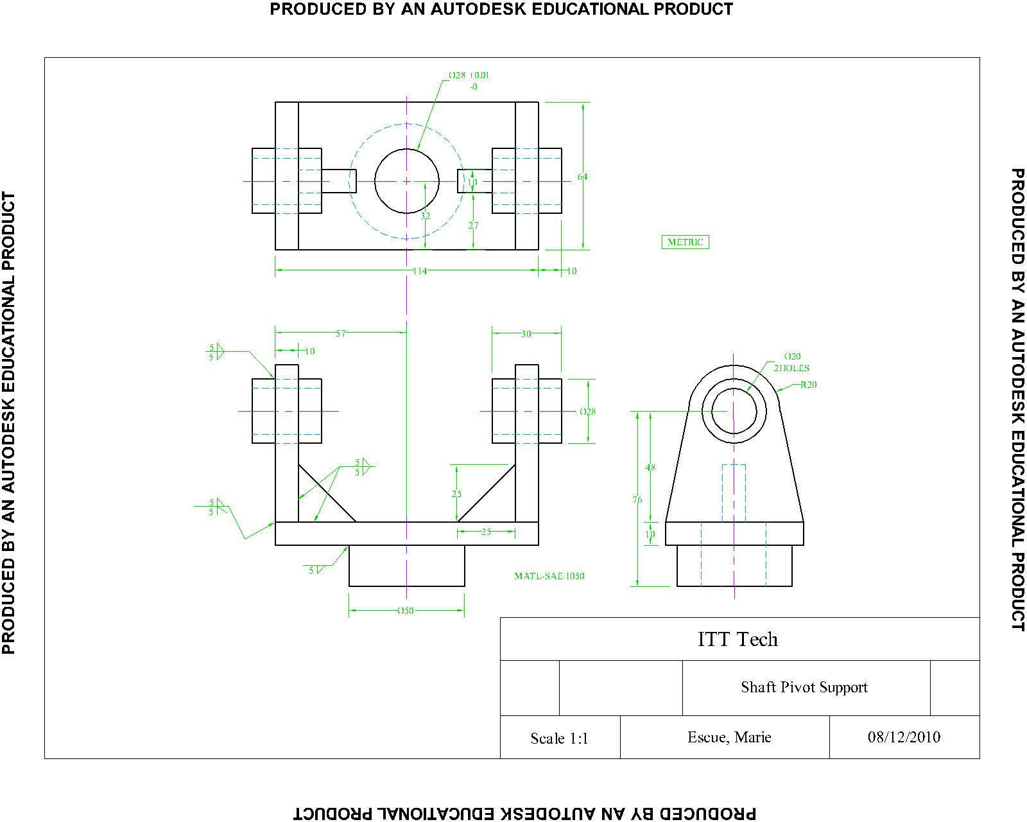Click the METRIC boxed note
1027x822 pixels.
(685, 242)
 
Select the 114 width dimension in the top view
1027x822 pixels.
(419, 271)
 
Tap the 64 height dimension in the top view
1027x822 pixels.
(582, 177)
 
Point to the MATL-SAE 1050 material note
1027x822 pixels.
(549, 576)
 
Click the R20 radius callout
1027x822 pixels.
(808, 385)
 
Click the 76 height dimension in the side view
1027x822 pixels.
(637, 500)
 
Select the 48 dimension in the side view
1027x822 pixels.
(650, 468)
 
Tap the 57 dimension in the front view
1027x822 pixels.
(340, 333)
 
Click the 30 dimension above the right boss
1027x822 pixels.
(526, 334)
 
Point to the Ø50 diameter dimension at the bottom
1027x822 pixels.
(406, 611)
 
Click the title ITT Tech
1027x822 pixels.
(738, 639)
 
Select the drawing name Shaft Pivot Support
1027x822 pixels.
(804, 687)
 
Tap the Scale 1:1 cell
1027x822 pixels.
(559, 739)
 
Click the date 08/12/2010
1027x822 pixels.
(904, 737)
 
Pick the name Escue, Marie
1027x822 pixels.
(729, 737)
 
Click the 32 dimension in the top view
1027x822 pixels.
(425, 216)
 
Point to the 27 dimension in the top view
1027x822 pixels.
(473, 225)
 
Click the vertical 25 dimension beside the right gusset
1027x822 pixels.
(456, 494)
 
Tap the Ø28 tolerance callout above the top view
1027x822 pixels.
(469, 80)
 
